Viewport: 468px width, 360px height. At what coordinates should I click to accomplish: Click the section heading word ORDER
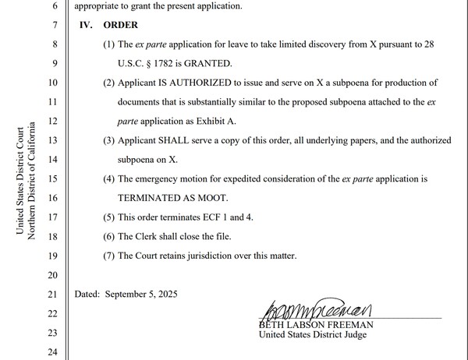pyautogui.click(x=119, y=25)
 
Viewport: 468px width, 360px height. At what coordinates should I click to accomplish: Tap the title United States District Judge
pyautogui.click(x=312, y=335)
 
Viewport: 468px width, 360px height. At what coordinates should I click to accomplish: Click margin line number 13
pyautogui.click(x=53, y=140)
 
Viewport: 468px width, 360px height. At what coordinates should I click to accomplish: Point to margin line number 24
pyautogui.click(x=53, y=351)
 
